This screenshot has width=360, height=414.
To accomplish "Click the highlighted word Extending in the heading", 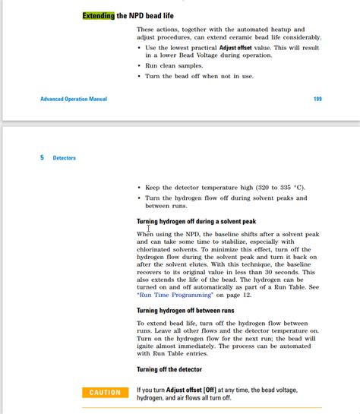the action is pos(99,15).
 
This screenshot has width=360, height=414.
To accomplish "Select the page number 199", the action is pos(317,99).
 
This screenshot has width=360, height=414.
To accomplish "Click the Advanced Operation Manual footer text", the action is pos(74,99).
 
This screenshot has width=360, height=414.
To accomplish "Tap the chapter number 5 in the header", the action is pos(42,158).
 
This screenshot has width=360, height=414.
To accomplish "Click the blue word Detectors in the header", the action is pos(65,158).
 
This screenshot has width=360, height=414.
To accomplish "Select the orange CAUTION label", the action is pos(105,392).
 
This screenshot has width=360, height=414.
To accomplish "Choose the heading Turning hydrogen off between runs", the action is pos(185,311).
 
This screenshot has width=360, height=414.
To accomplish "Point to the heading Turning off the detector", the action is pos(169,370).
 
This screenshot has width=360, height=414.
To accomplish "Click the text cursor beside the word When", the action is pos(149,228).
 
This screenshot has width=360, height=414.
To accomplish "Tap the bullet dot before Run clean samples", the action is pos(140,66).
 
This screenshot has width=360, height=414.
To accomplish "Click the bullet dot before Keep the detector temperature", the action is pos(140,187).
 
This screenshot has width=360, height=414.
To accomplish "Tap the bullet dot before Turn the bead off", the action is pos(140,77).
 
